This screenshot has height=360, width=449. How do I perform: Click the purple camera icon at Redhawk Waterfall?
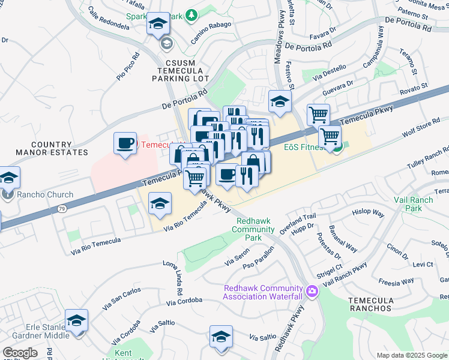312,292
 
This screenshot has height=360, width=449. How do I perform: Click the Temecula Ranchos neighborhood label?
370,304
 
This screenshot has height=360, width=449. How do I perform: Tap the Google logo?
19,353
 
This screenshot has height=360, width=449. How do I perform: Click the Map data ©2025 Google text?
411,355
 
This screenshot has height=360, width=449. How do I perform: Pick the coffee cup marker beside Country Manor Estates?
125,144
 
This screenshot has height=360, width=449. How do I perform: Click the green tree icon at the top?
191,15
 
